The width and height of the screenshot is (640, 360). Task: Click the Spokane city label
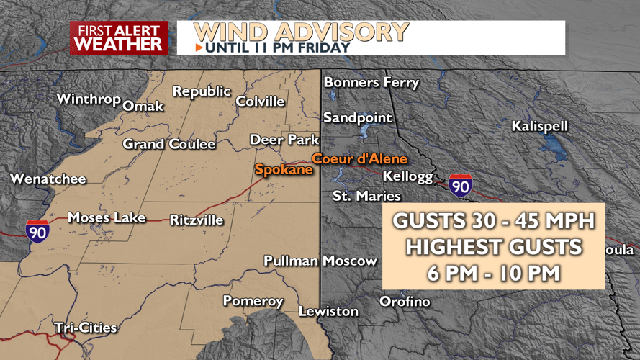[x=284, y=170]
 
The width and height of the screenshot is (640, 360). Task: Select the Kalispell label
[x=540, y=126]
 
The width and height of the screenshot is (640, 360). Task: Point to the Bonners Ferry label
[x=371, y=83]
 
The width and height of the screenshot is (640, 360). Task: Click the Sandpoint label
[x=358, y=117]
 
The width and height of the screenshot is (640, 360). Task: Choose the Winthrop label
[x=89, y=99]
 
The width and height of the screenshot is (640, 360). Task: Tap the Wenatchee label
[x=48, y=179]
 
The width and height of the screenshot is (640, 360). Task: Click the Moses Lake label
[x=107, y=217]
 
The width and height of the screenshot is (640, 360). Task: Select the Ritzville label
[x=197, y=220]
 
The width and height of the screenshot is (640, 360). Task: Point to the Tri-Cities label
[x=86, y=328]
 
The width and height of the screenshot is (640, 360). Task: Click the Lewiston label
[x=329, y=311]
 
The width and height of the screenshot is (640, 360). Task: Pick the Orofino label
[x=405, y=301]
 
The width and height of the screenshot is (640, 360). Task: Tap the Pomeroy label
[x=253, y=301]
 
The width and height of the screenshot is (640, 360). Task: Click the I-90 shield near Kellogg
[x=461, y=186]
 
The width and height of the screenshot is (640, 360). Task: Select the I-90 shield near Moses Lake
[x=37, y=230]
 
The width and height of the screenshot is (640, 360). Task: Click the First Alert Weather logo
[x=119, y=37]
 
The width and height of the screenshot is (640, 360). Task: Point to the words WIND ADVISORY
[x=302, y=32]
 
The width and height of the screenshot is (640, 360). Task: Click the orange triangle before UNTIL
[x=199, y=48]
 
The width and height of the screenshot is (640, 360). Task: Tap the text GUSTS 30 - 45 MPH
[x=493, y=221]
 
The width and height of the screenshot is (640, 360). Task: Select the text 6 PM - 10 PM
[x=493, y=273]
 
